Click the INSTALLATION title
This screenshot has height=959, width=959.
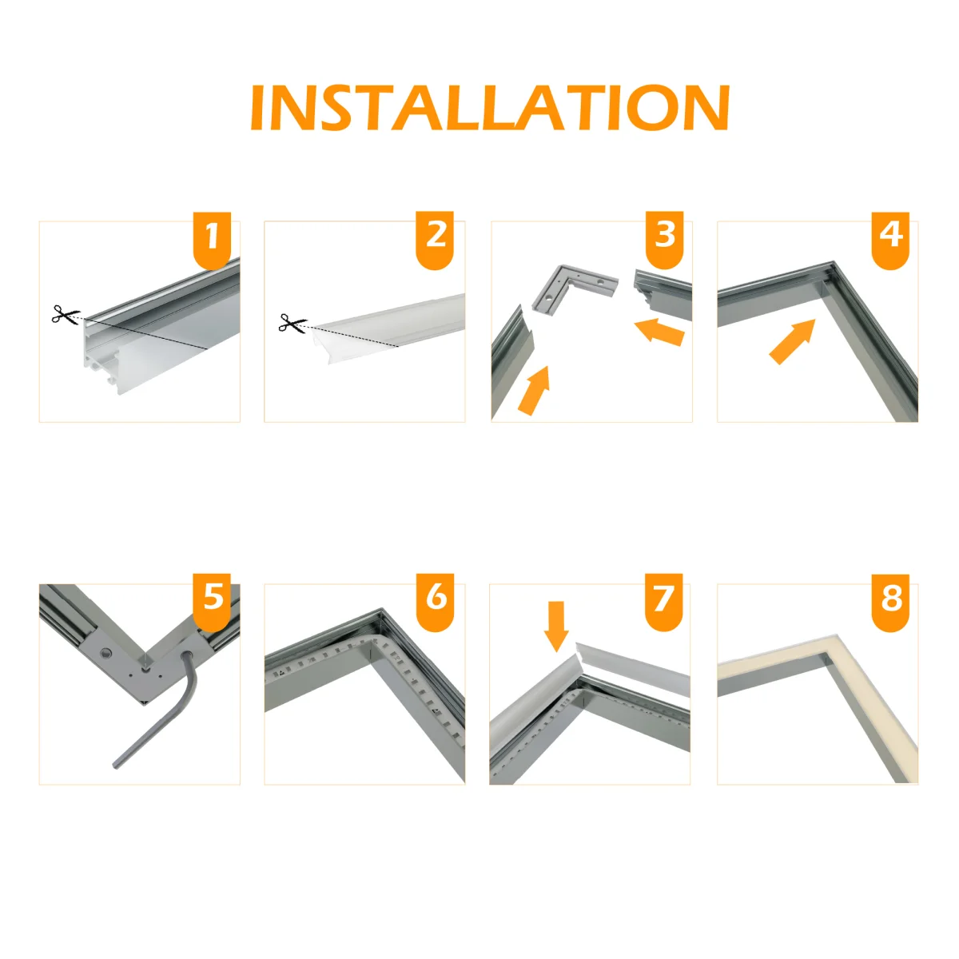490,108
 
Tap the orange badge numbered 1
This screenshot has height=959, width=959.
212,238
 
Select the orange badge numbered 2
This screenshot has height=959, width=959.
436,238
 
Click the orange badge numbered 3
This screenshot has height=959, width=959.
664,238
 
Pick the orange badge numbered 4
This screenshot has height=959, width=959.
890,238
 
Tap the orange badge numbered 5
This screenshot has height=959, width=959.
212,599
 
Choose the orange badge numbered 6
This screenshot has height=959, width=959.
436,599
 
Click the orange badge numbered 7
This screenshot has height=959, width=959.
663,599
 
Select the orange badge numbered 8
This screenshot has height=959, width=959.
890,599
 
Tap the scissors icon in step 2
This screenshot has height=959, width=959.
292,324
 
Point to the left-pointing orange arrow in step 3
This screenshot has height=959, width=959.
660,332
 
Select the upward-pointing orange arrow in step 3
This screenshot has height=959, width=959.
534,390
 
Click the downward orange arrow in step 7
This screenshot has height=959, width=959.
556,626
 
